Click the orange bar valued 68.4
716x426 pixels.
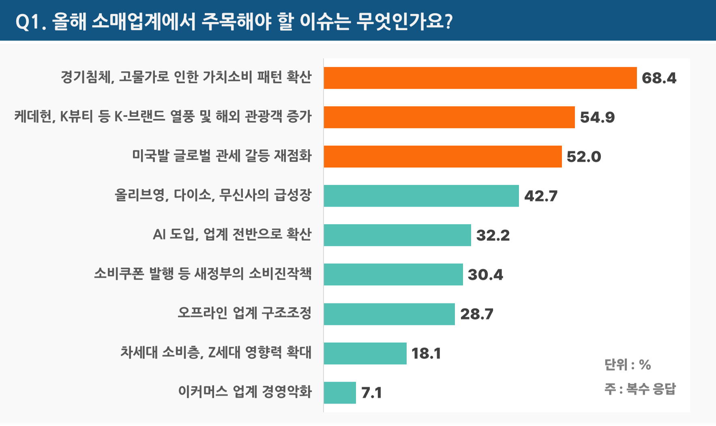click(480, 78)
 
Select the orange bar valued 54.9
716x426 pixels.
click(449, 117)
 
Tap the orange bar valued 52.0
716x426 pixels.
click(443, 156)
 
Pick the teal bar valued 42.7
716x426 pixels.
click(421, 196)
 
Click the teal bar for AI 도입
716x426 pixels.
click(397, 235)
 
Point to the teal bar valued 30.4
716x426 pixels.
click(393, 274)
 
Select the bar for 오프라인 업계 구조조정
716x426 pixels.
click(389, 314)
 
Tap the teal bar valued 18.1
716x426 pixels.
click(365, 353)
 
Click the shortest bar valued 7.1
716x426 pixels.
click(340, 392)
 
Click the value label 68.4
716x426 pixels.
click(659, 78)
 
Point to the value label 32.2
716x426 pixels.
click(493, 235)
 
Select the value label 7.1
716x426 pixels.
click(371, 392)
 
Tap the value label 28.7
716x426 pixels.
click(477, 314)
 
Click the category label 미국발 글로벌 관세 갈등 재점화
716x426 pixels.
click(222, 156)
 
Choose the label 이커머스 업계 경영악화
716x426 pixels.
click(245, 392)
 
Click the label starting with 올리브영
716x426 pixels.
click(213, 195)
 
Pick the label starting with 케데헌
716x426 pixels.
click(163, 116)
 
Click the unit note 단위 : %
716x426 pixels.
click(627, 365)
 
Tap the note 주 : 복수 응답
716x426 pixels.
click(640, 389)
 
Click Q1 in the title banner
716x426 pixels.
click(28, 22)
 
